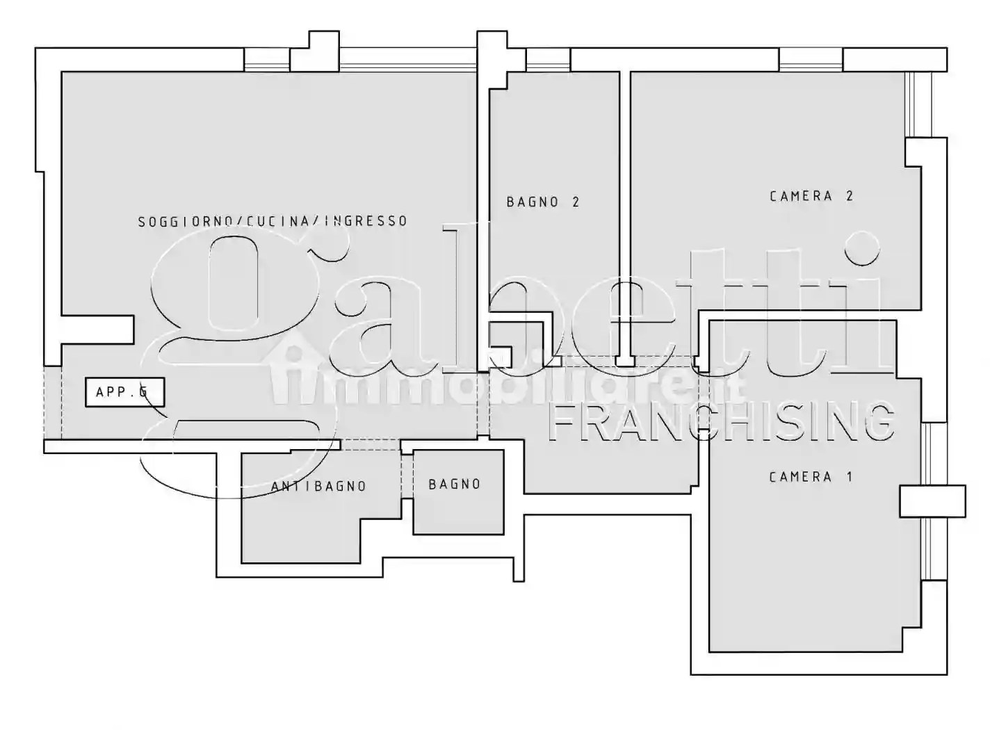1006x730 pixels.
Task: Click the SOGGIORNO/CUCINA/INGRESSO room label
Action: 272,221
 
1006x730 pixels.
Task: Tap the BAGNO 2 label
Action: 542,202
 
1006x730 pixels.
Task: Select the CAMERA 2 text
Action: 811,196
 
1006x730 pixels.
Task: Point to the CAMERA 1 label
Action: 811,477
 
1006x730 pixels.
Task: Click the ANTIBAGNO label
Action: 318,487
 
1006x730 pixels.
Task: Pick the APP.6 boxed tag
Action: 124,392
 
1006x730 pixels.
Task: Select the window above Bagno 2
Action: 548,60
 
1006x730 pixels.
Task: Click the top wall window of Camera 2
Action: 811,60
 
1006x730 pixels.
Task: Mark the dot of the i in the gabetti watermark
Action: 861,249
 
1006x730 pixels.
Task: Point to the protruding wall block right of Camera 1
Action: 932,501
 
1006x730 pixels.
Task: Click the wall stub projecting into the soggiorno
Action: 97,329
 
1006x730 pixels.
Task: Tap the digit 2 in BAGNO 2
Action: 575,202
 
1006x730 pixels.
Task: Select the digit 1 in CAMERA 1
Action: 849,477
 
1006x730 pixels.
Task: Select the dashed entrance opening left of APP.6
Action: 53,403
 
